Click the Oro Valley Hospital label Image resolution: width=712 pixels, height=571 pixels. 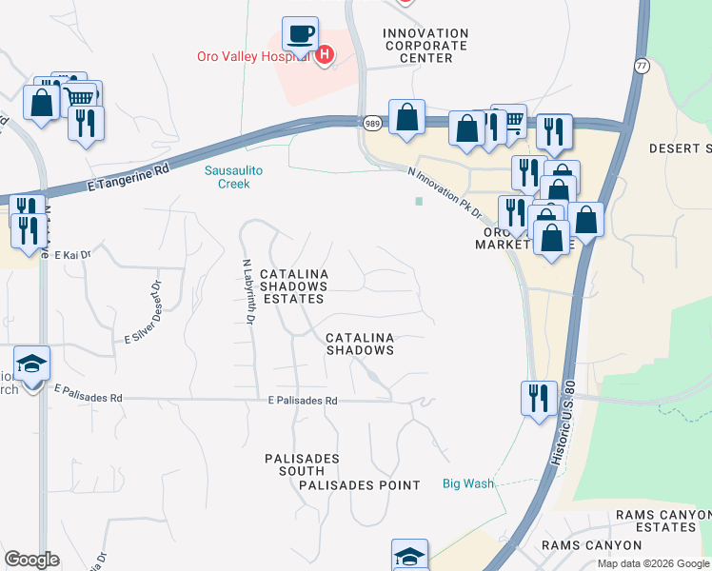tap(254, 55)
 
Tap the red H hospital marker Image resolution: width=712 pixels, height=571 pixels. tap(325, 55)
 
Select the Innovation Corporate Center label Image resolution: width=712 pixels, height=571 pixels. tap(425, 46)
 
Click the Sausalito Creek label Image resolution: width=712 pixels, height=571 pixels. tap(227, 177)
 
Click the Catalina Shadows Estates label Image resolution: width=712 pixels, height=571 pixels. tap(294, 286)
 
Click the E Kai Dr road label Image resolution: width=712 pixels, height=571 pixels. tap(71, 255)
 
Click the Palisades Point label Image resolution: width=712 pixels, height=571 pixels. tap(359, 485)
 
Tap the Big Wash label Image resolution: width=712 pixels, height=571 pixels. tap(468, 483)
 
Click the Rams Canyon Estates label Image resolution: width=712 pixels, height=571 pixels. tap(663, 521)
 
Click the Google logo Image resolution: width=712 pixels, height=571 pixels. tap(31, 560)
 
